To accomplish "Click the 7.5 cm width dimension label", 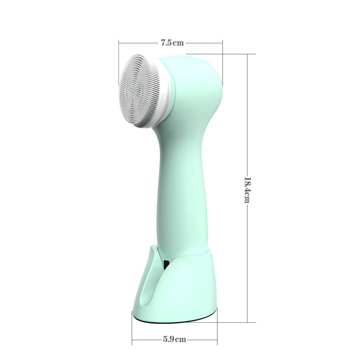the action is [x=172, y=43].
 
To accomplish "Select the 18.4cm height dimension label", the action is [x=247, y=190].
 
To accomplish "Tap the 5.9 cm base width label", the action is [x=175, y=339].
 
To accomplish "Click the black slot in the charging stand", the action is [x=166, y=265].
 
